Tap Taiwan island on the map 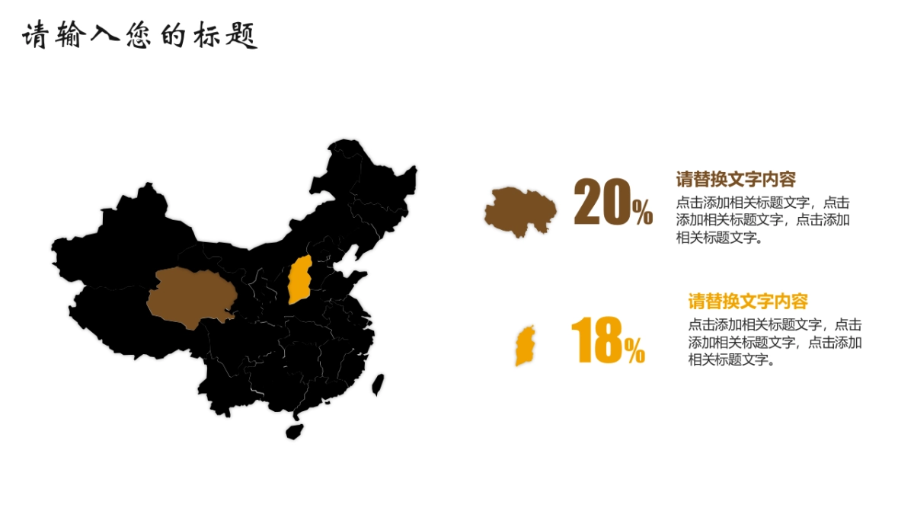click(377, 385)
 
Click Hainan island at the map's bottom click(294, 432)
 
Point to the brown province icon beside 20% click(520, 210)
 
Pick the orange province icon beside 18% click(525, 346)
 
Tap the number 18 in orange click(596, 340)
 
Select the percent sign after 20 click(643, 212)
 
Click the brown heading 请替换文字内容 click(736, 180)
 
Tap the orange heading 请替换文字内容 click(748, 301)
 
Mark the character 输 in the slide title click(69, 35)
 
